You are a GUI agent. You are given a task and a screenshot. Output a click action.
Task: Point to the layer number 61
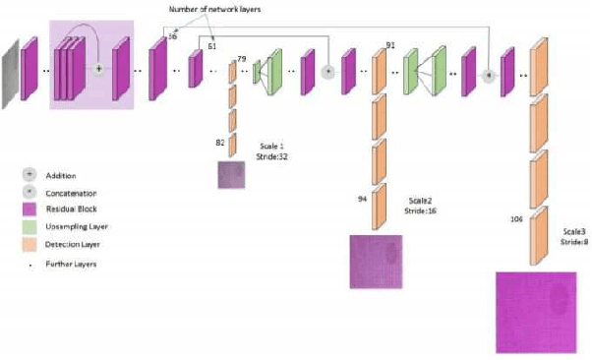(x=211, y=45)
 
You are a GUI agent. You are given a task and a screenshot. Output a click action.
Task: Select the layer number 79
(x=242, y=60)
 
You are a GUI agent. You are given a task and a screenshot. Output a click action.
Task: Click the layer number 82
(x=221, y=143)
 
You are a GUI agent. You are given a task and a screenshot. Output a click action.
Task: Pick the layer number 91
(x=390, y=45)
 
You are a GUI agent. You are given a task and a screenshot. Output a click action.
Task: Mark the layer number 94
(x=363, y=199)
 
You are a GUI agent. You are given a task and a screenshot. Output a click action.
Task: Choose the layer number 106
(x=516, y=219)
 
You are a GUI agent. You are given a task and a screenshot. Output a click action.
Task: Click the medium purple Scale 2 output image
(x=376, y=261)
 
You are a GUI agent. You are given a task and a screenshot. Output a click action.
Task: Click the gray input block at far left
(x=10, y=70)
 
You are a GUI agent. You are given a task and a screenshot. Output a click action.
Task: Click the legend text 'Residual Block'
(x=71, y=210)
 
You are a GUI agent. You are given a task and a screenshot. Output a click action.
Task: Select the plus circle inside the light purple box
(x=97, y=70)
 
